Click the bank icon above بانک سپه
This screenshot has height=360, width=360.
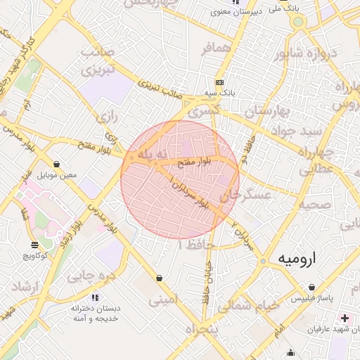(x=219, y=82)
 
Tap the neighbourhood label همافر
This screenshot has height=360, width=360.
(x=216, y=49)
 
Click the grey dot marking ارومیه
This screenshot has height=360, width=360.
(x=263, y=262)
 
